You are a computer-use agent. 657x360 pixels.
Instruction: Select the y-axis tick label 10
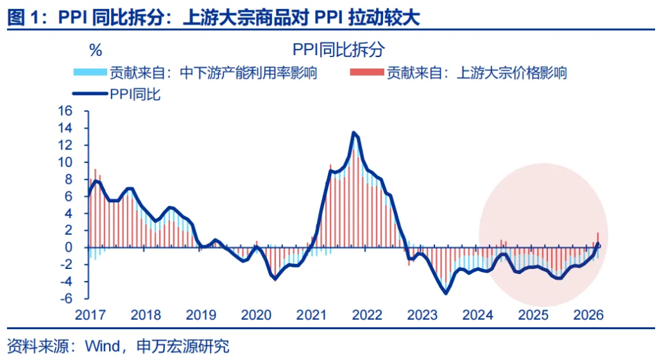67,162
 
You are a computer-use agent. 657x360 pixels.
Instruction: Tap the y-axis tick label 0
71,248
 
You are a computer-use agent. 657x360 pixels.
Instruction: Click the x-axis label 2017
90,316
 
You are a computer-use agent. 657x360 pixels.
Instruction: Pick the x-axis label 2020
256,316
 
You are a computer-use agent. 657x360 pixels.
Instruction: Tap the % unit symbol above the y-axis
95,50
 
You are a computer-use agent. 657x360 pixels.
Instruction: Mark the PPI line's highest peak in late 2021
354,132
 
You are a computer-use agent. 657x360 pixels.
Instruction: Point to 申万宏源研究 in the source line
183,347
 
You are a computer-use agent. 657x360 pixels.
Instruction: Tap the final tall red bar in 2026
598,237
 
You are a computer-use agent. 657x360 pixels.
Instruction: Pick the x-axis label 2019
201,316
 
